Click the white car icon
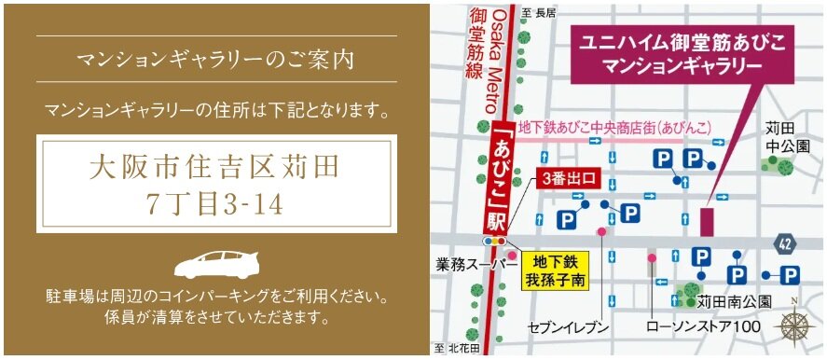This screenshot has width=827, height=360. click(x=215, y=264)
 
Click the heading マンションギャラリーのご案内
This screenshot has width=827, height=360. click(x=215, y=62)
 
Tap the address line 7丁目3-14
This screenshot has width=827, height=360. click(x=215, y=204)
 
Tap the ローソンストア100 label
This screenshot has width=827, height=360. click(x=703, y=327)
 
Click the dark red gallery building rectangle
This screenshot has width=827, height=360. click(x=705, y=221)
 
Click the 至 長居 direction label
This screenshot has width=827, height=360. click(x=538, y=12)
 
